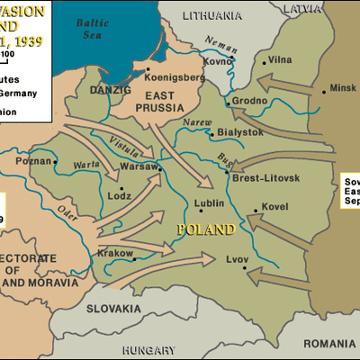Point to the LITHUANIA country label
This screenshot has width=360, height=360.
(212, 15)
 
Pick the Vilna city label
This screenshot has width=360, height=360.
(280, 60)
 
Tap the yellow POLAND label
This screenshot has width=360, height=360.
(206, 229)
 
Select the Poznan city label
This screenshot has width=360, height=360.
(33, 162)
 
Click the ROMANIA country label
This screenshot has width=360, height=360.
(328, 343)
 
